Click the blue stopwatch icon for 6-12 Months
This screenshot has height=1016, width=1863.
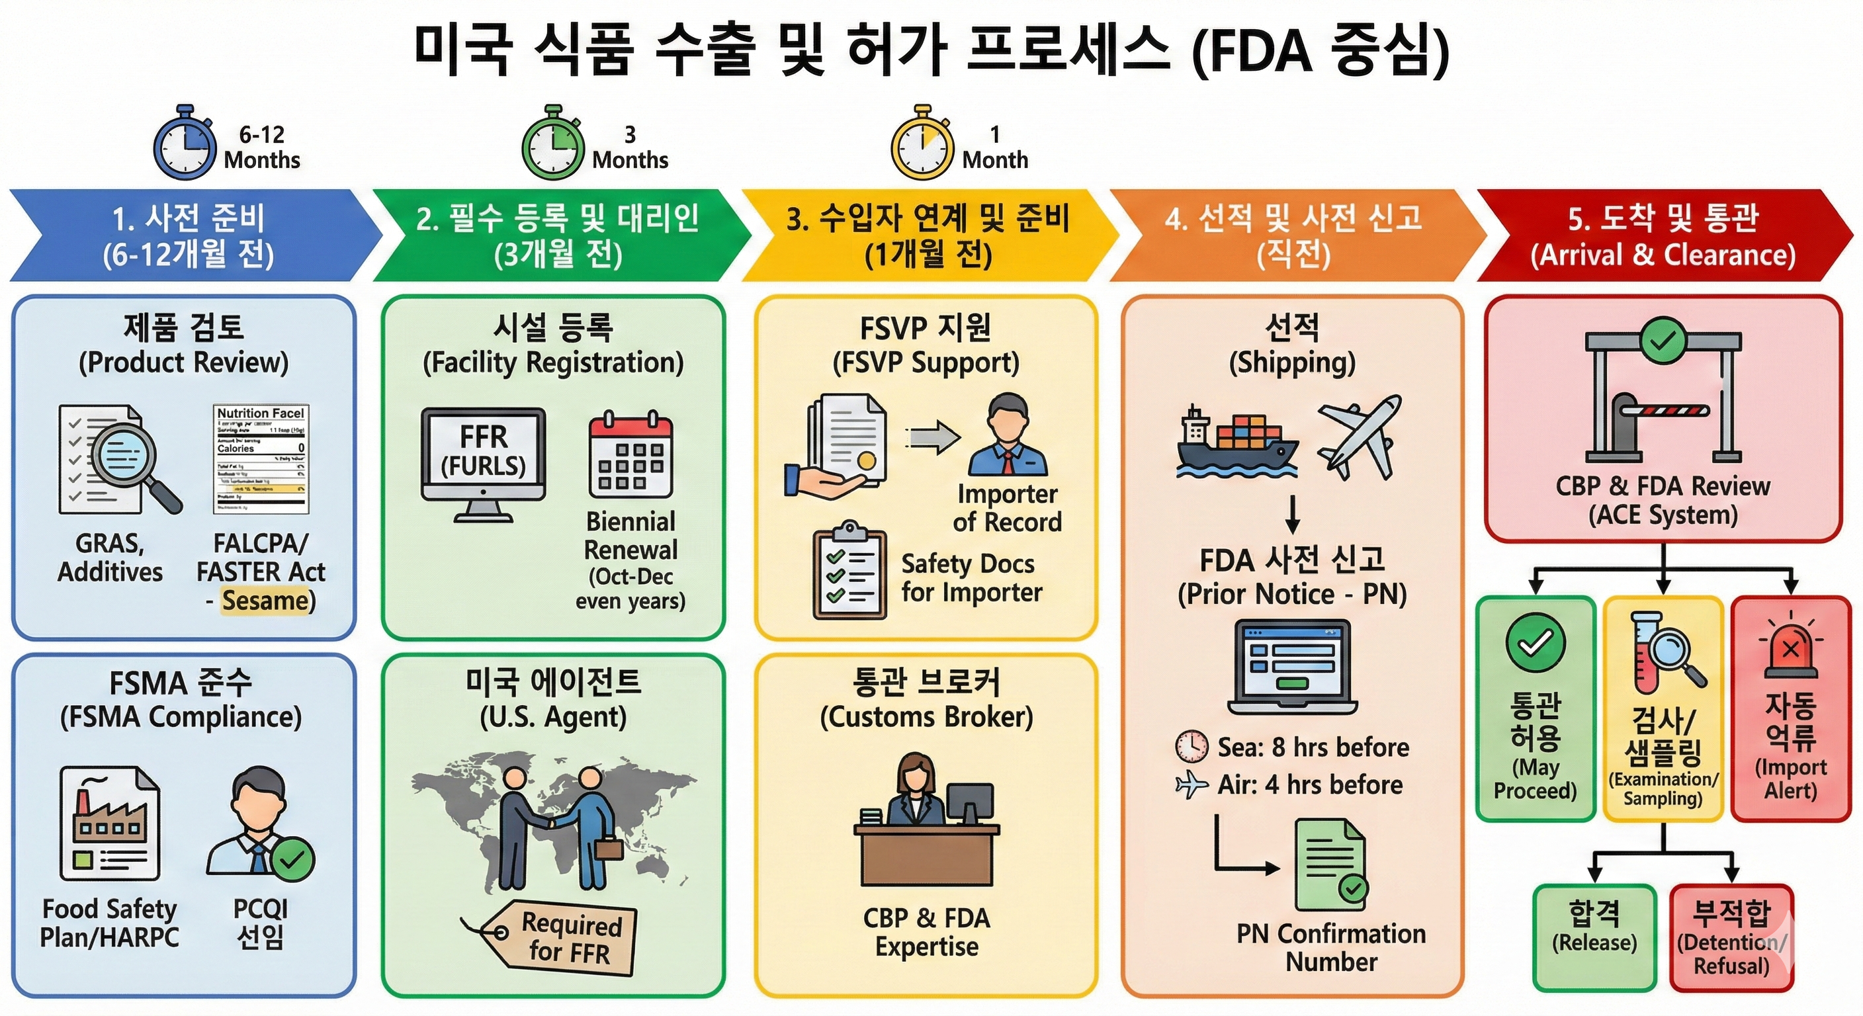(x=185, y=145)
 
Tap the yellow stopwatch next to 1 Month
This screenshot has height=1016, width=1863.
(x=922, y=145)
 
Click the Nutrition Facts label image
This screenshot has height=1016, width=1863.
(x=261, y=459)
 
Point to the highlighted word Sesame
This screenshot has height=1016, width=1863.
(x=265, y=601)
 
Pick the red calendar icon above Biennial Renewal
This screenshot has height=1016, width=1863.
(x=630, y=455)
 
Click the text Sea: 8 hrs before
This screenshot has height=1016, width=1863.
(x=1313, y=747)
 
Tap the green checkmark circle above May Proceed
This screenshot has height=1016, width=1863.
(x=1536, y=644)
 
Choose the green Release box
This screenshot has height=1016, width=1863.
(x=1594, y=937)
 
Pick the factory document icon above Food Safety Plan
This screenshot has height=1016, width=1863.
(x=109, y=824)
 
